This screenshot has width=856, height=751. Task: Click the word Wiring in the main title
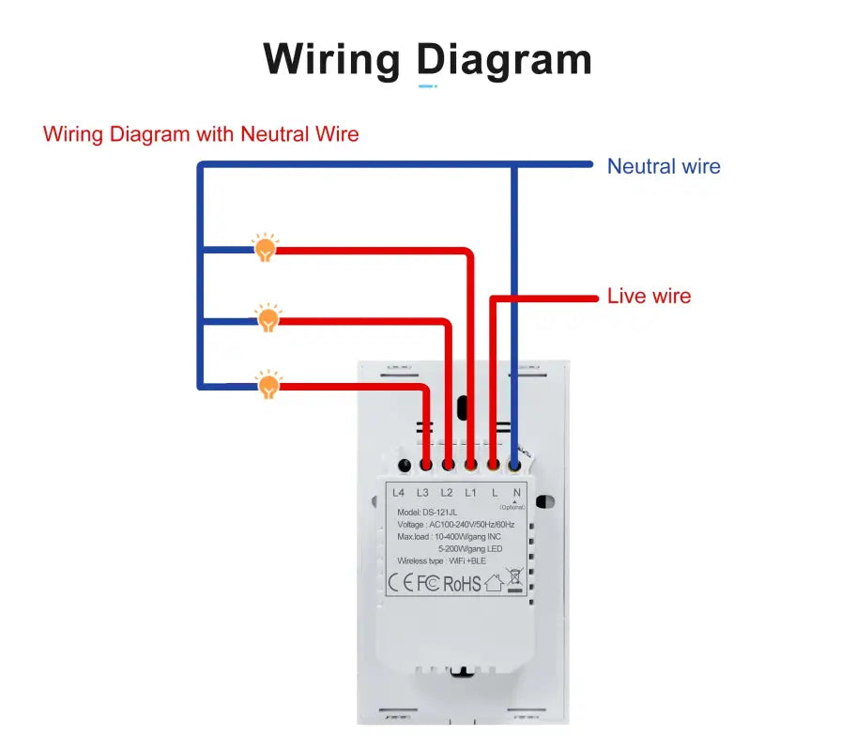pos(331,59)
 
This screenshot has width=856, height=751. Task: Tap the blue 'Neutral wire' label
pos(664,167)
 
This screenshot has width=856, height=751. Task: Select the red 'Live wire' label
pos(649,297)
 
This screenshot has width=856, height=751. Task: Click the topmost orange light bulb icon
pos(266,248)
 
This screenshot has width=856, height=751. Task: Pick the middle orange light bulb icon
pos(268,318)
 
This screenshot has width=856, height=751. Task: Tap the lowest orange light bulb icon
pos(268,384)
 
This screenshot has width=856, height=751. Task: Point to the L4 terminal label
pos(398,493)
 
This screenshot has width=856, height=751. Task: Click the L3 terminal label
pos(422,493)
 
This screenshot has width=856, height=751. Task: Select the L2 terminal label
pos(447,493)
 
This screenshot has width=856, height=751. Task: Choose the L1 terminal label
pos(470,493)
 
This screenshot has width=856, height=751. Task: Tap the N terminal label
pos(516,493)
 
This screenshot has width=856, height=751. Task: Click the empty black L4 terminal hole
pos(404,465)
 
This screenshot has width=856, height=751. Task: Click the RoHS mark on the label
pos(462,584)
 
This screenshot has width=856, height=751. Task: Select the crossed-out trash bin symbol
pos(513,580)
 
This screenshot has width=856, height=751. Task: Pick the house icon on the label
pos(494,583)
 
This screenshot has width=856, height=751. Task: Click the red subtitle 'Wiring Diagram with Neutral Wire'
pos(201,134)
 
